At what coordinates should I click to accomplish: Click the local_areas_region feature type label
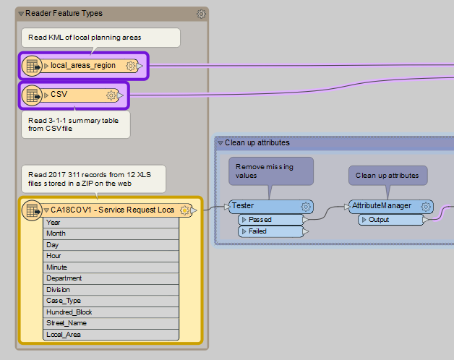coord(82,66)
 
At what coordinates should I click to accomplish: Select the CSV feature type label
coord(59,95)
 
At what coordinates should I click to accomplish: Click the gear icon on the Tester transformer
coord(306,206)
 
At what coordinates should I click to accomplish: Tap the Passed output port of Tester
coord(260,219)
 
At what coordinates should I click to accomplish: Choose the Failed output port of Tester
coord(257,231)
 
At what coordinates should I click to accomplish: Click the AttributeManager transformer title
coord(381,206)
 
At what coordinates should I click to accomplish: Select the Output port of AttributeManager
coord(379,219)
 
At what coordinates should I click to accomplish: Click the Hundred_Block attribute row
coord(69,312)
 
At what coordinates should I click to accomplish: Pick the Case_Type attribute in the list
coord(64,301)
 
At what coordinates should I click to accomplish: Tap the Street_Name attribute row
coord(67,323)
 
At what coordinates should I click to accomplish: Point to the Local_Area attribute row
coord(64,335)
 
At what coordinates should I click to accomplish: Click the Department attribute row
coord(64,278)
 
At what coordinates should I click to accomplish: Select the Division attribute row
coord(59,290)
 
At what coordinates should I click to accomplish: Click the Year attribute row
coord(53,223)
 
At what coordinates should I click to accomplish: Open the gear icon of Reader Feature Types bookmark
coord(201,14)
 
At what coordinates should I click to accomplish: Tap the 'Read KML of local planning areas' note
coord(100,37)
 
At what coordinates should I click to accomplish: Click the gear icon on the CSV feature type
coord(111,95)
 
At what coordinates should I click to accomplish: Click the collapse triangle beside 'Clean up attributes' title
coord(220,143)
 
